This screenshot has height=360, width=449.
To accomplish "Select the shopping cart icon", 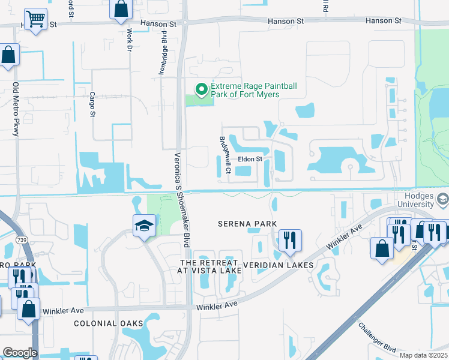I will coord(36,19).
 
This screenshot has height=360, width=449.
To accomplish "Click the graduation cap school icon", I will coord(144,226).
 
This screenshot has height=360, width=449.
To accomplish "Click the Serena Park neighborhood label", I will coord(247,224).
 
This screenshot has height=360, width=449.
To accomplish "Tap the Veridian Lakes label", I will coord(278,265).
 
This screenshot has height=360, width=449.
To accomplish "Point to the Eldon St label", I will coord(250,159).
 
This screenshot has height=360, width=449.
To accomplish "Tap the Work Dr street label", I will coord(128,40).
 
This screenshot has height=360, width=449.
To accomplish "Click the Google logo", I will coord(20,353).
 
